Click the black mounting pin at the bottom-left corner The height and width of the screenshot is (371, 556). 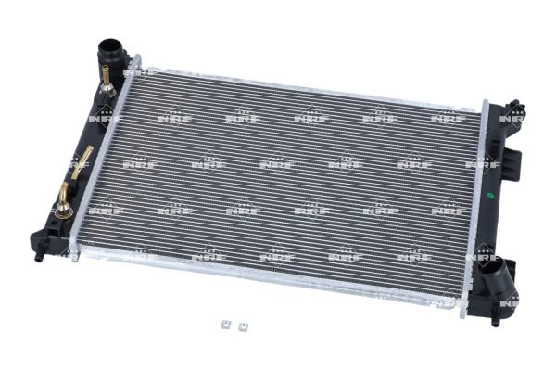[40, 256]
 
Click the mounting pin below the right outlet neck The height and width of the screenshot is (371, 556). [495, 319]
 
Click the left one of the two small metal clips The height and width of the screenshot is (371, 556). [226, 325]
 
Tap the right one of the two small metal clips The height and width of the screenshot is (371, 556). [243, 326]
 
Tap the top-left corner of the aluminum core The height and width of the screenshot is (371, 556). [135, 65]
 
